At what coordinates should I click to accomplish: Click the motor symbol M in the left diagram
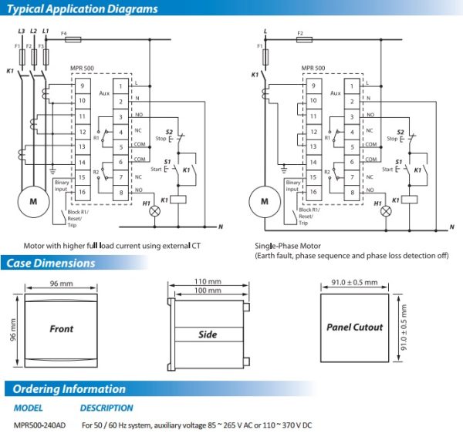[32, 201]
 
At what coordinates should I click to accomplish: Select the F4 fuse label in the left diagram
[64, 34]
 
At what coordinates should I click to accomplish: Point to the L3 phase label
[20, 31]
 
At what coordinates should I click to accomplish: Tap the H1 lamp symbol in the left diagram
[153, 210]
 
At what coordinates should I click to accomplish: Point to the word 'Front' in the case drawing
[61, 328]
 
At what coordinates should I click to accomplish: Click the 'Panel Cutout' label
[354, 327]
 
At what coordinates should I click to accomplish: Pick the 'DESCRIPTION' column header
[106, 408]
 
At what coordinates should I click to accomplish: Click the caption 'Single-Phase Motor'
[286, 245]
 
